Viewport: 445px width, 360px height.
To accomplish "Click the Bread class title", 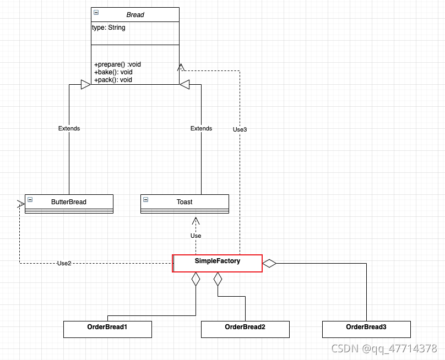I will (135, 15).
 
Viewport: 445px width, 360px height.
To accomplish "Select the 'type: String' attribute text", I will (108, 28).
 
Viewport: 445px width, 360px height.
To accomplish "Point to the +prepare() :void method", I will (117, 64).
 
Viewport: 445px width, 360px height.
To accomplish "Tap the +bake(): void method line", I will (113, 72).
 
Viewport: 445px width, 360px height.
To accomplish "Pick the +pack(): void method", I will (113, 80).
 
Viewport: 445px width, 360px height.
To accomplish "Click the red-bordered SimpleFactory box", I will (217, 263).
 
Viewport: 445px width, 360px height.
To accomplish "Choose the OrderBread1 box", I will (107, 329).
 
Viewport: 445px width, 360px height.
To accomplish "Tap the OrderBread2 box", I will (245, 329).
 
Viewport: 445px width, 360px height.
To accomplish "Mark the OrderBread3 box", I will (366, 329).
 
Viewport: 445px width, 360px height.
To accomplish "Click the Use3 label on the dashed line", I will (240, 129).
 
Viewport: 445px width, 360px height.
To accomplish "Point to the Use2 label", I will (64, 263).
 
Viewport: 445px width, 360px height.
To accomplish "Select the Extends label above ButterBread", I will (69, 128).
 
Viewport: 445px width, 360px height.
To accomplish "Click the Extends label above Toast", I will (201, 128).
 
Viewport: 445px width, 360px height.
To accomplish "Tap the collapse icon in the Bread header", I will (96, 12).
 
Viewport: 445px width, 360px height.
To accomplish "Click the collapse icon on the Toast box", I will (146, 199).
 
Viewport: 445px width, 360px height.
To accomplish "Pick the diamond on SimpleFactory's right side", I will (269, 263).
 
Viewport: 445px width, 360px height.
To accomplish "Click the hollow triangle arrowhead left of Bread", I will (85, 84).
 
